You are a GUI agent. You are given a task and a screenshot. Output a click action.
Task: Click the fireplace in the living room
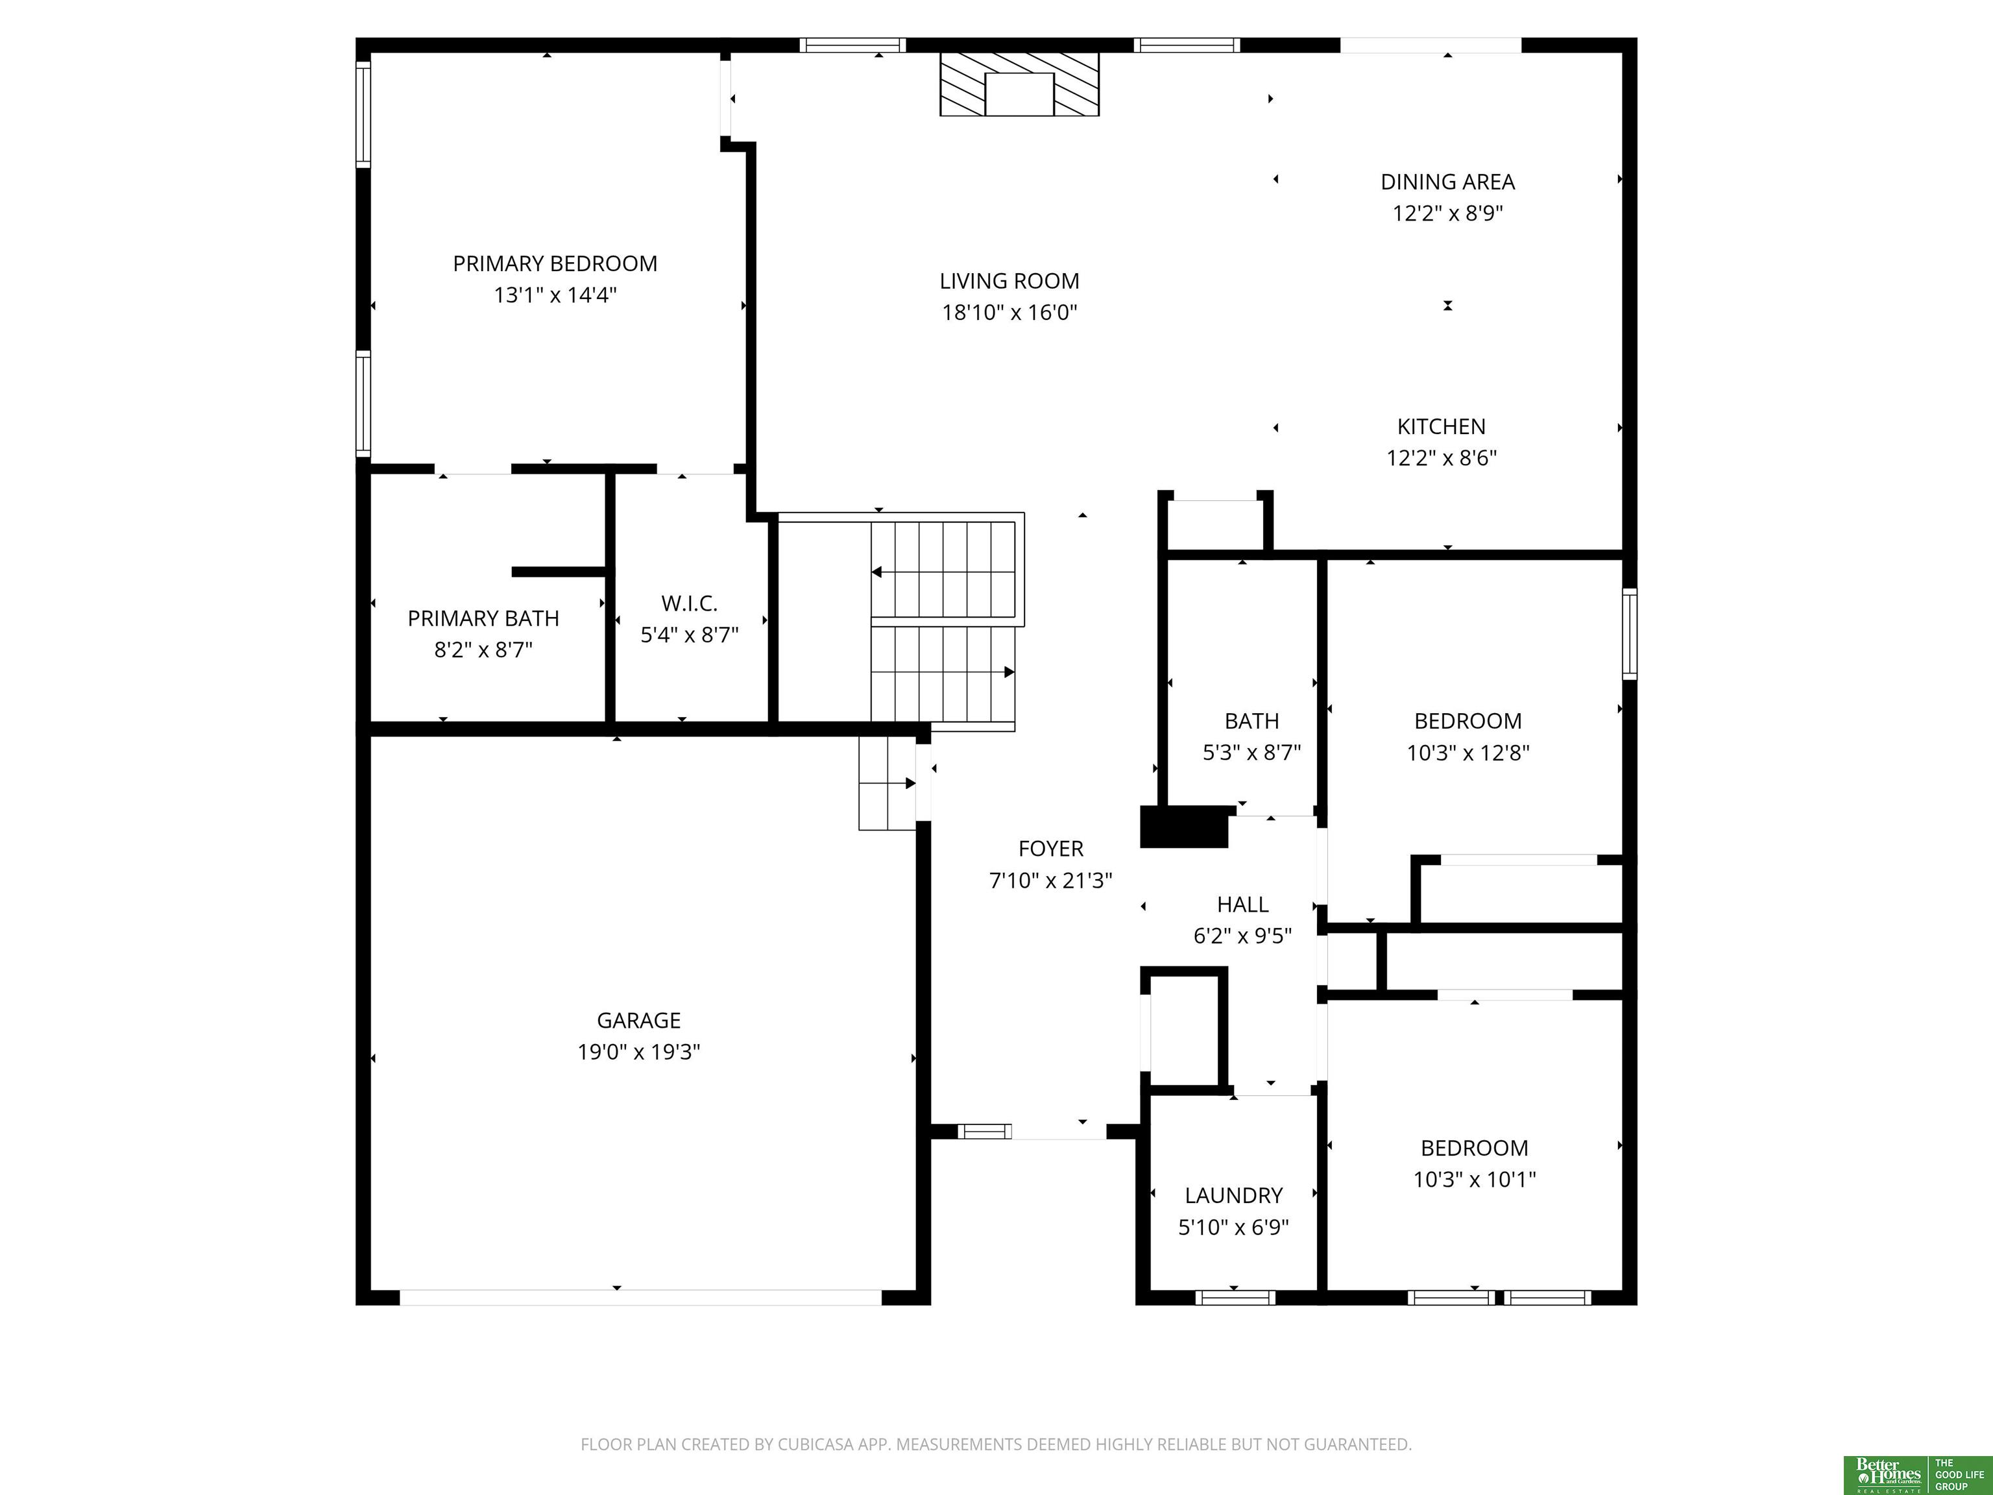coord(1019,84)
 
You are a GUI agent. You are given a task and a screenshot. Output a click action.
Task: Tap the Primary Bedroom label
coord(555,264)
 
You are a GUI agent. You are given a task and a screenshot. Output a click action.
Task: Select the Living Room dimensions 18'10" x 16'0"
coord(1009,313)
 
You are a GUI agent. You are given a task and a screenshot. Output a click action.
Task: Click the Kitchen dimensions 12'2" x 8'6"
coord(1441,458)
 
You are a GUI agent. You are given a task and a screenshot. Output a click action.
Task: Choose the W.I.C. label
coord(689,603)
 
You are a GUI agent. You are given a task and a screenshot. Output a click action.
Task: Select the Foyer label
coord(1050,849)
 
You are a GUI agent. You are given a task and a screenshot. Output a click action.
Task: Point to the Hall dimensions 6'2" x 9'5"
coord(1242,936)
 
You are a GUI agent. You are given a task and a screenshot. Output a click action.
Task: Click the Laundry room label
coord(1233,1196)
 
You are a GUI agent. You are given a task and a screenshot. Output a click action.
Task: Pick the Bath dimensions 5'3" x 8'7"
coord(1251,753)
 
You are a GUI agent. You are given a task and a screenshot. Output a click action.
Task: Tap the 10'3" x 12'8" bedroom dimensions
coord(1468,753)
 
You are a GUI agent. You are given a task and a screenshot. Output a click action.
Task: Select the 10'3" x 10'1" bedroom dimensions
coord(1474,1179)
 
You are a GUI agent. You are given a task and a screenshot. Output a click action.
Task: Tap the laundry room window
coord(1235,1298)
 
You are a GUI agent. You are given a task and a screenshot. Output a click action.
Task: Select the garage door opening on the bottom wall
coord(640,1298)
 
